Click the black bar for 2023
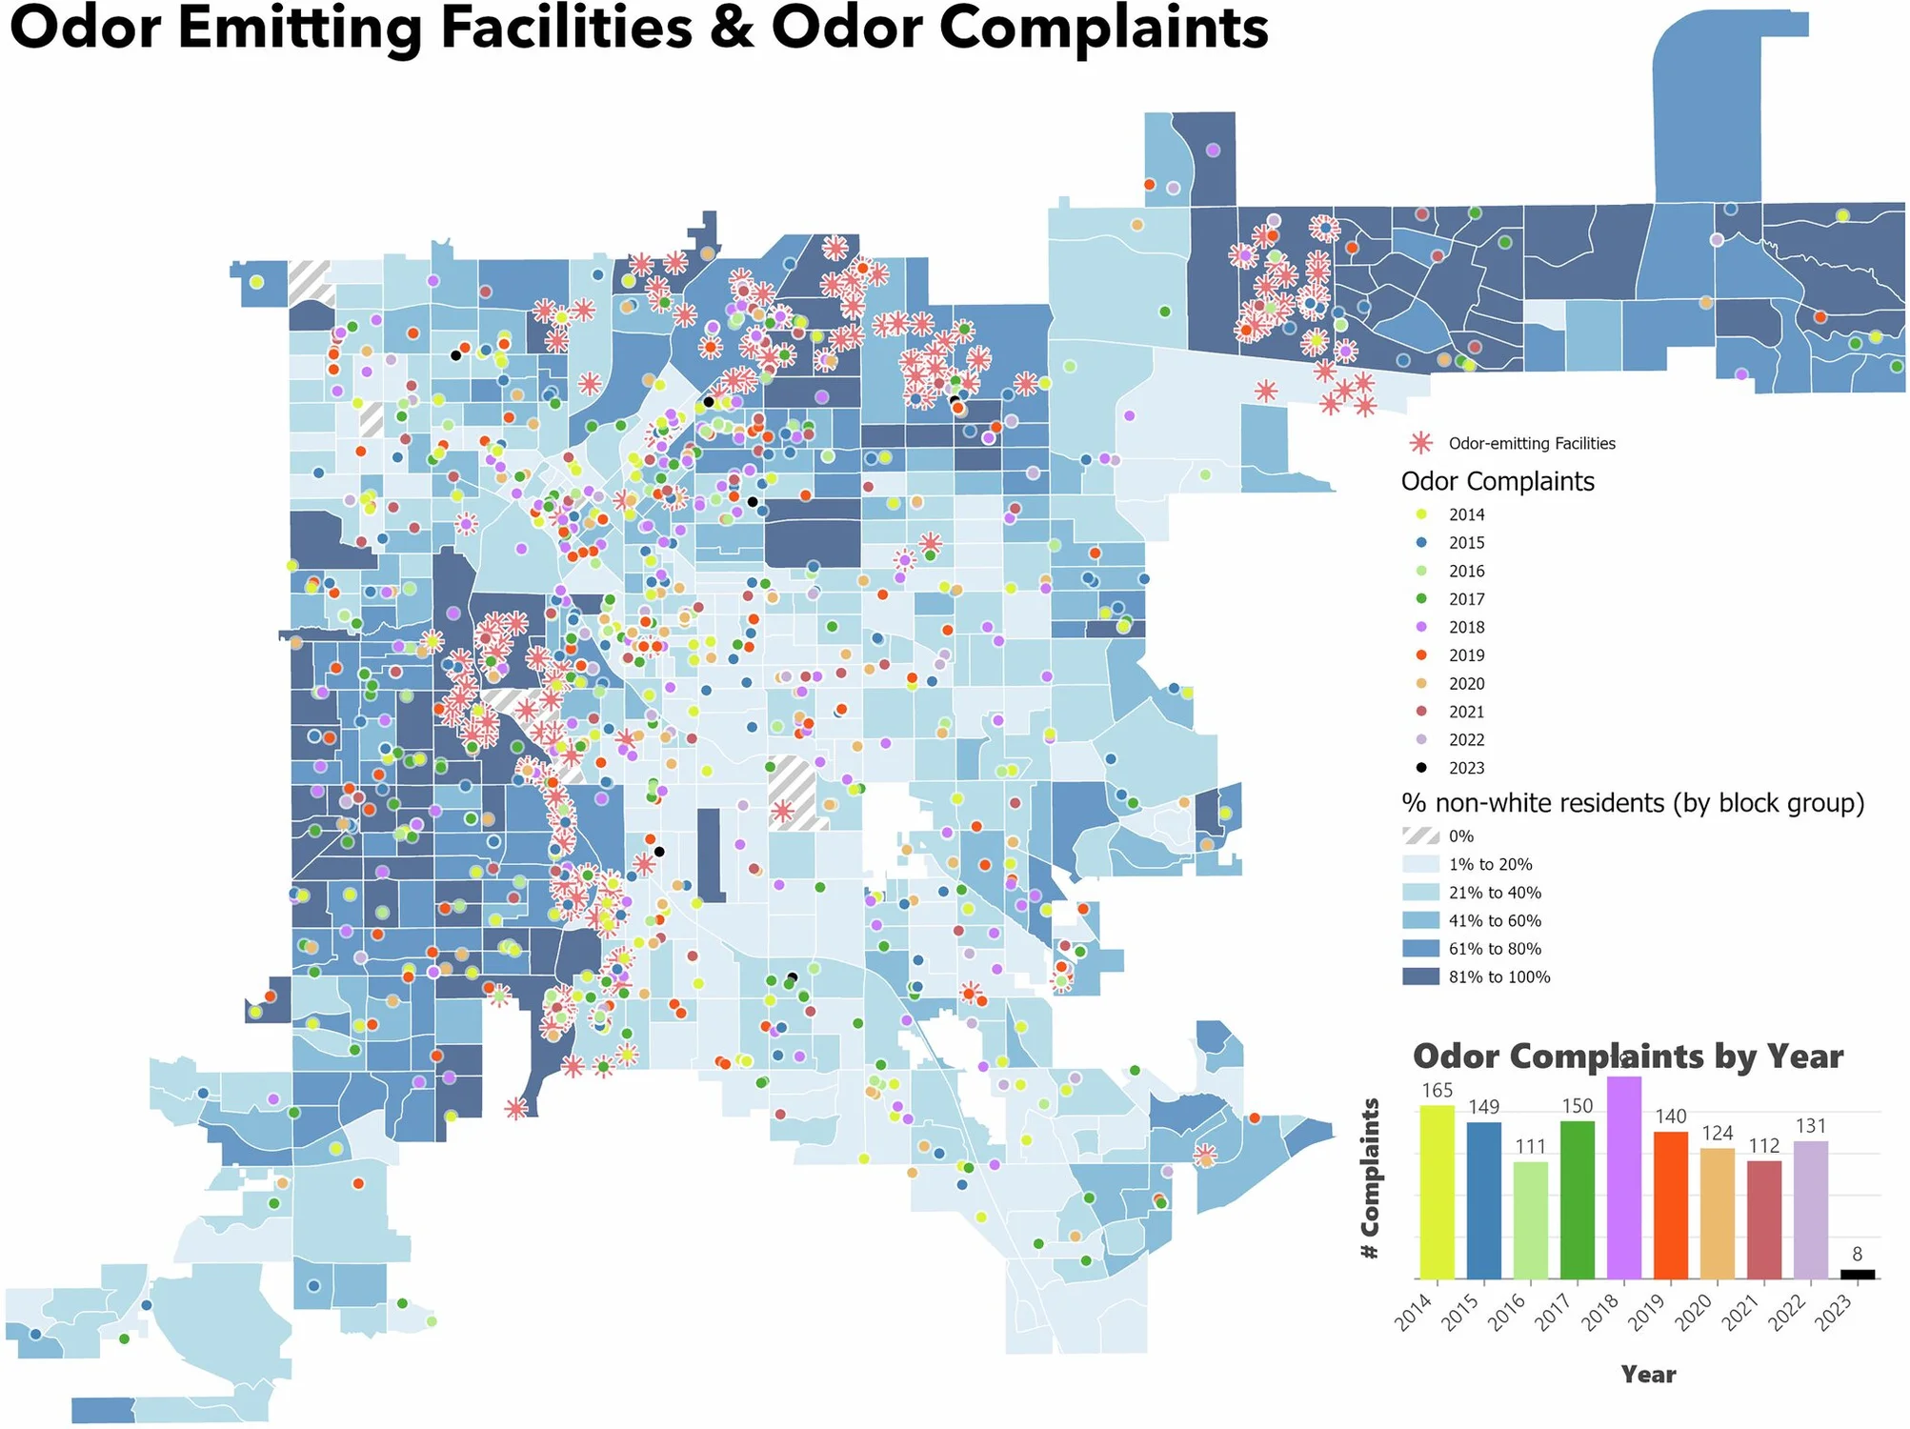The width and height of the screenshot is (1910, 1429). [x=1858, y=1274]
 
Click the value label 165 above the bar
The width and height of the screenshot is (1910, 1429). [x=1437, y=1091]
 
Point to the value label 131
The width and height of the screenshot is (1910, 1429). [x=1810, y=1126]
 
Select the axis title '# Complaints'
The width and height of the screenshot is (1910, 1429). [x=1371, y=1179]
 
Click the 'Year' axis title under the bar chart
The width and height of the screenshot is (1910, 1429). [x=1648, y=1375]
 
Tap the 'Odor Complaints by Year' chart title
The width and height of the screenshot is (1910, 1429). [x=1628, y=1057]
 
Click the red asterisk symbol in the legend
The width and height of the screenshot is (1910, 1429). [x=1421, y=443]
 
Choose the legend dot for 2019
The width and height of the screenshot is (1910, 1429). [x=1422, y=655]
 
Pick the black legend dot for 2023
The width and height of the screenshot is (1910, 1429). [x=1422, y=768]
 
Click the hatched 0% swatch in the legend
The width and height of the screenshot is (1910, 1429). [x=1420, y=836]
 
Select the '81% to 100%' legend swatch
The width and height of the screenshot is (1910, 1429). [x=1420, y=977]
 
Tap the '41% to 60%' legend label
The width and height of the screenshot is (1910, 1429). [x=1495, y=921]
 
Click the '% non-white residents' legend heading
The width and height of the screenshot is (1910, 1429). [x=1632, y=803]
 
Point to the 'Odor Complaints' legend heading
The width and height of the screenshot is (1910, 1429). [x=1498, y=482]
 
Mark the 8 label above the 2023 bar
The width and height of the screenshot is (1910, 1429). [x=1858, y=1255]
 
